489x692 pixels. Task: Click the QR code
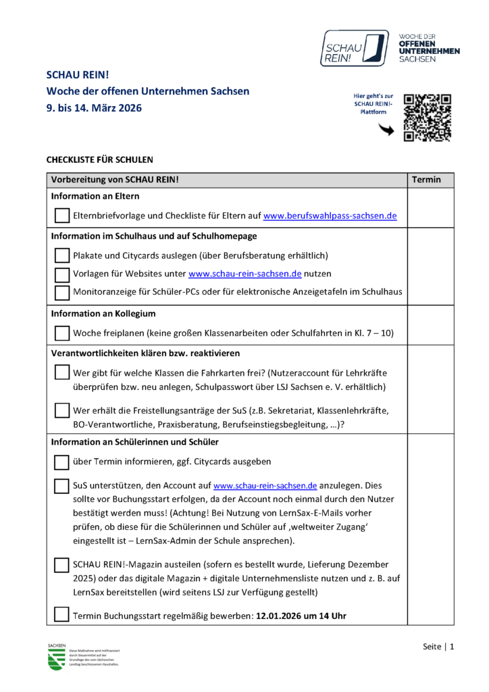pos(427,118)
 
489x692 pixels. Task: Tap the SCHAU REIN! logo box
pos(355,47)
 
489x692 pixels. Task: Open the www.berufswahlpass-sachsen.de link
pos(330,216)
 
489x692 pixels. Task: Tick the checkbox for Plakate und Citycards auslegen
pos(61,255)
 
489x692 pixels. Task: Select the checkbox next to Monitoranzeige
pos(61,292)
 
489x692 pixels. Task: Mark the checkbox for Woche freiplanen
pos(61,333)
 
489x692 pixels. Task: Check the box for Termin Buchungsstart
pos(61,614)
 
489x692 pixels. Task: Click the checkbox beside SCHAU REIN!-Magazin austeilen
pos(61,564)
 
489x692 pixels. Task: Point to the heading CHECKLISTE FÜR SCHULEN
pos(99,160)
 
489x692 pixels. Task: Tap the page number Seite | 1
pos(438,647)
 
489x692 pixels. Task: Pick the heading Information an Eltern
pos(95,197)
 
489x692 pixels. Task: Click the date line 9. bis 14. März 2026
pos(94,107)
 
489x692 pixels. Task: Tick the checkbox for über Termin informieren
pos(61,462)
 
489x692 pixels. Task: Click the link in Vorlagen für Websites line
pos(244,274)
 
